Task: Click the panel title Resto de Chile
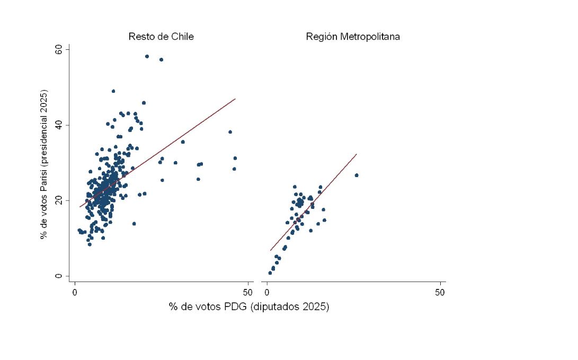161,37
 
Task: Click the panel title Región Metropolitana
353,37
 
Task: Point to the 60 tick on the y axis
59,49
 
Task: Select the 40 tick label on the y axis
59,125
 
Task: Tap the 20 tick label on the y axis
59,200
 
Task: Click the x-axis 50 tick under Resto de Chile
247,292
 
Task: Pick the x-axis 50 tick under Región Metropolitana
440,292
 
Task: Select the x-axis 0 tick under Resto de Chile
75,292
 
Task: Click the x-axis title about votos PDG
249,307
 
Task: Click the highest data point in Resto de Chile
147,56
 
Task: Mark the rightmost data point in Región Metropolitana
357,175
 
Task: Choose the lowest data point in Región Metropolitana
270,273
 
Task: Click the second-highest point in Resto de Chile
161,59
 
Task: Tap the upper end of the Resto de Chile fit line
235,99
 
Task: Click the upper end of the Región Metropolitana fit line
357,154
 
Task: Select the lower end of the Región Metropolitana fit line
270,250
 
